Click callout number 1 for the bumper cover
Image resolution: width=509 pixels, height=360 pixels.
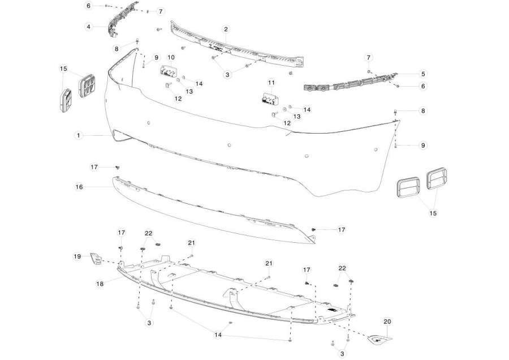click(78, 135)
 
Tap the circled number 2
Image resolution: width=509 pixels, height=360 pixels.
click(226, 29)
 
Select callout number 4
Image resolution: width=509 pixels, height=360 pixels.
click(89, 27)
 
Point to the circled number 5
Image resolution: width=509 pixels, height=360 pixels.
click(423, 74)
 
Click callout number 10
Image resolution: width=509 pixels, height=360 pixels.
click(171, 58)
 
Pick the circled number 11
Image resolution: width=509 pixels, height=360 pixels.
click(271, 83)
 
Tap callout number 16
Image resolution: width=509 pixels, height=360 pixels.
click(79, 187)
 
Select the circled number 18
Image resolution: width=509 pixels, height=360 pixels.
click(100, 284)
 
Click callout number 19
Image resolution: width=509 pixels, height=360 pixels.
click(77, 256)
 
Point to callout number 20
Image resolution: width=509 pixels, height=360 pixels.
click(387, 322)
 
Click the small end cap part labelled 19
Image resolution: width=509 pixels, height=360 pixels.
click(96, 258)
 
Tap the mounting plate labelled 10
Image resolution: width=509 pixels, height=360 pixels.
click(168, 71)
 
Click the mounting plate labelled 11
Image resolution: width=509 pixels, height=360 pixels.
click(269, 98)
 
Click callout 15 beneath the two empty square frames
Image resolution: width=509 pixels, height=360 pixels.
click(433, 213)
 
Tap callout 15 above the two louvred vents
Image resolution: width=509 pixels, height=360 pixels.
click(63, 68)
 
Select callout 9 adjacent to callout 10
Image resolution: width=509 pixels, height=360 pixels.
click(157, 58)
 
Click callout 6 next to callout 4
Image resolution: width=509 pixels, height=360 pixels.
click(89, 6)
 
